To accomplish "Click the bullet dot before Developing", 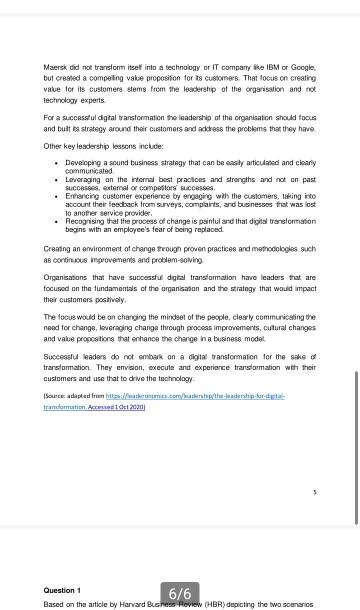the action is pyautogui.click(x=55, y=162).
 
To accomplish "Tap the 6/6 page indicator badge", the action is pyautogui.click(x=180, y=593).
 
